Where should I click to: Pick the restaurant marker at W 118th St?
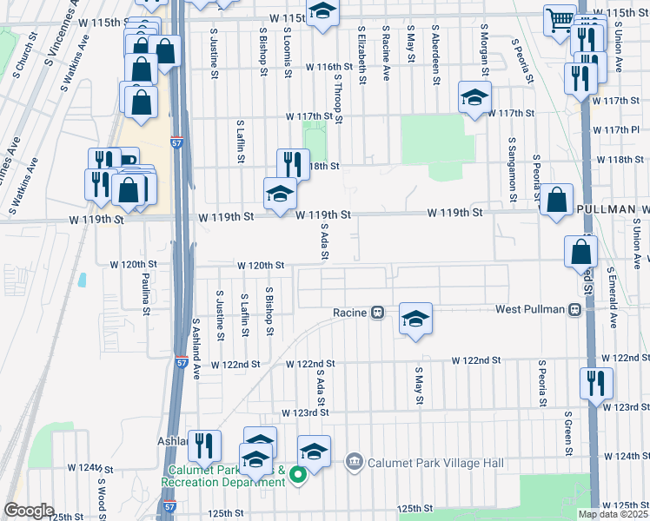pyautogui.click(x=294, y=163)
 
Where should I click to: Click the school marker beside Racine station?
pyautogui.click(x=416, y=318)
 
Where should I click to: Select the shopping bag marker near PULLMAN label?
pyautogui.click(x=556, y=200)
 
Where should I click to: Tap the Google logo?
pyautogui.click(x=28, y=511)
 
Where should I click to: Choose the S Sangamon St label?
pyautogui.click(x=514, y=168)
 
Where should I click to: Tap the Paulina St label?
pyautogui.click(x=146, y=296)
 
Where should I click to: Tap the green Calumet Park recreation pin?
pyautogui.click(x=297, y=474)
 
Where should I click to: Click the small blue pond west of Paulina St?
pyautogui.click(x=83, y=280)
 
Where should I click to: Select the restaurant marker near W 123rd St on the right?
pyautogui.click(x=596, y=382)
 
